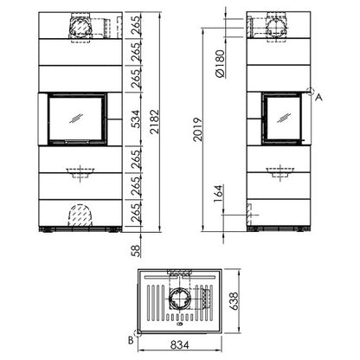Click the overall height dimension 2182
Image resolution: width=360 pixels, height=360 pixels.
(155, 121)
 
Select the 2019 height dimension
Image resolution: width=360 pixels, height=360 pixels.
(198, 129)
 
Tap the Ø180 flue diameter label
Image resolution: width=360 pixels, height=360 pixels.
(220, 64)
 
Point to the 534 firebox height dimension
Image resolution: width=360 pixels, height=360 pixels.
(136, 119)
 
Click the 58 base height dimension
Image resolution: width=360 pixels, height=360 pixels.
(136, 251)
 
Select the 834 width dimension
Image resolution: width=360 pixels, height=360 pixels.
(179, 344)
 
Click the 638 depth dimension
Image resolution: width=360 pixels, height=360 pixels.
(234, 301)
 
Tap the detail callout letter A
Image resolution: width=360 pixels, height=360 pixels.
(318, 98)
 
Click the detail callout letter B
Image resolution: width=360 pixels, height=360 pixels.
(131, 340)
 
